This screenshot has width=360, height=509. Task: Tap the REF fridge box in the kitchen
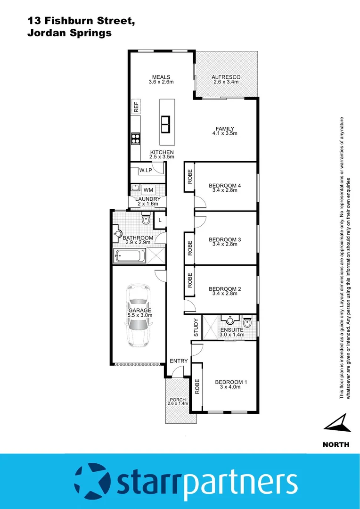[x=136, y=107]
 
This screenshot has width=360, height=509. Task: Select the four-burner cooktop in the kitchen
[x=136, y=139]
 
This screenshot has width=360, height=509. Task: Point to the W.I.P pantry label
[x=145, y=170]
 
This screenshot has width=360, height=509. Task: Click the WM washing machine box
[x=148, y=189]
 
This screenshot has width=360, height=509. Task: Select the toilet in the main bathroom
[x=146, y=219]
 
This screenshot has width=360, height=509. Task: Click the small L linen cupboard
[x=160, y=220]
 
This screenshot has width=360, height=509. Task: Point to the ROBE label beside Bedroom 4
[x=190, y=176]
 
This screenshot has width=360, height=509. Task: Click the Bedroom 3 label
[x=225, y=239]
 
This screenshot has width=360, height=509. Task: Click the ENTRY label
[x=179, y=361]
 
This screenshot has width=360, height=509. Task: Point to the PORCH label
[x=179, y=400]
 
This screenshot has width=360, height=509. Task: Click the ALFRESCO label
[x=226, y=77]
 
